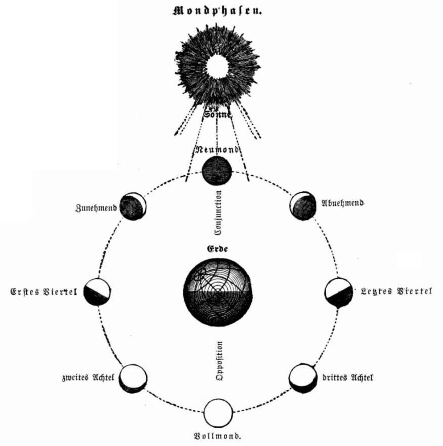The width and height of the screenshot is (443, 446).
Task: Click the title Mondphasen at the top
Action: (x=217, y=11)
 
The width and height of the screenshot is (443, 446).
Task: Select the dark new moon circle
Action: (x=217, y=170)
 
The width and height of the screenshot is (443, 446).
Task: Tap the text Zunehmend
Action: (x=96, y=208)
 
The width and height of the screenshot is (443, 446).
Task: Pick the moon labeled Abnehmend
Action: (x=303, y=205)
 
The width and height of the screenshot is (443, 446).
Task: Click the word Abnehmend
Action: (x=343, y=203)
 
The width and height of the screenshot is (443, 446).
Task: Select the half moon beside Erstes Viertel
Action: (x=97, y=292)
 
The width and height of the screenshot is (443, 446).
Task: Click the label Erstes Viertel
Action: (x=44, y=292)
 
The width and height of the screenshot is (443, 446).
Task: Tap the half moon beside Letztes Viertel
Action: (x=338, y=293)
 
